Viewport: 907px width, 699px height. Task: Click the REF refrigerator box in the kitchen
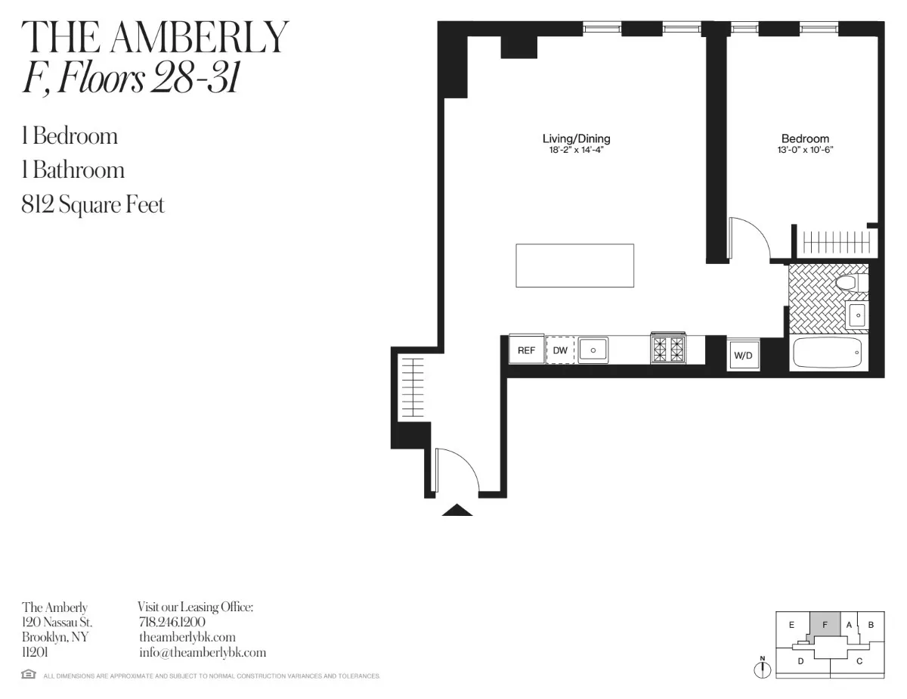click(x=526, y=350)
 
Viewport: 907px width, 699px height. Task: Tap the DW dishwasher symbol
click(x=560, y=350)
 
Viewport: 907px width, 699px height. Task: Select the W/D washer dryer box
click(x=744, y=355)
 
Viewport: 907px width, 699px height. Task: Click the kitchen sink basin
click(x=593, y=350)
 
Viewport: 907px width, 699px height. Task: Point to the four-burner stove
click(x=667, y=349)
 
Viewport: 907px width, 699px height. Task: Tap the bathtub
click(x=827, y=353)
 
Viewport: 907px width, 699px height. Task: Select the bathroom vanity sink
click(x=857, y=315)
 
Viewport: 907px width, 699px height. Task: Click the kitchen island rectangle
click(x=574, y=266)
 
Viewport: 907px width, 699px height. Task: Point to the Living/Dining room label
click(x=576, y=138)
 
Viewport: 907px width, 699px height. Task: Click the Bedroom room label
click(x=805, y=138)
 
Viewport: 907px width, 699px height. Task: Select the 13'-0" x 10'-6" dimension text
click(x=805, y=150)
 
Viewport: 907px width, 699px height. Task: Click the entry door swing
click(x=457, y=471)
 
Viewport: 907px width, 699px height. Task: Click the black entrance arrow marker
click(x=457, y=511)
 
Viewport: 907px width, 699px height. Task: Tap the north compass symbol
click(x=763, y=669)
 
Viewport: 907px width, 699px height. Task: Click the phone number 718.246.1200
click(x=173, y=622)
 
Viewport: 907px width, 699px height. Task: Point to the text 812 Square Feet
click(x=93, y=204)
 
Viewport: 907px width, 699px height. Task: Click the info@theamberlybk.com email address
click(x=203, y=652)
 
